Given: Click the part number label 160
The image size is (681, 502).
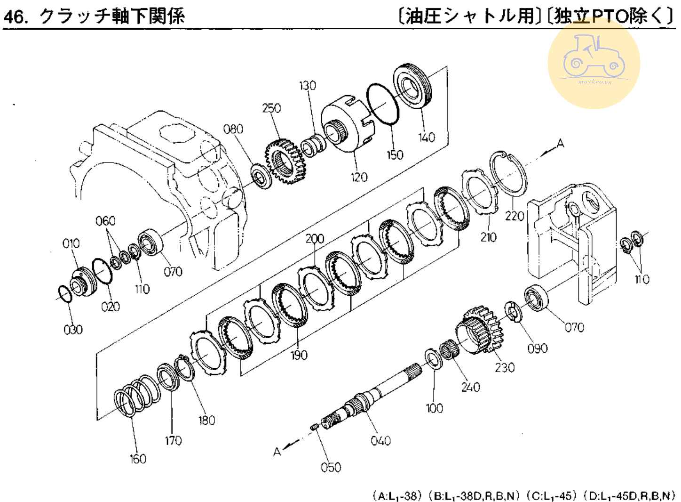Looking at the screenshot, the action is coord(138,459).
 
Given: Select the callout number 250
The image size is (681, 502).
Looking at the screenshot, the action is coord(271,108).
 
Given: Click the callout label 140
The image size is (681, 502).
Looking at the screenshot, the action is coord(427,138).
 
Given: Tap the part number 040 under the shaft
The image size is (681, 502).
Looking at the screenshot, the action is coord(380,440).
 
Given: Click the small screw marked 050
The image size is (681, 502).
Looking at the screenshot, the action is coord(314,427).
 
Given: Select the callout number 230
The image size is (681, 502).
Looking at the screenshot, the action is coord(505,367).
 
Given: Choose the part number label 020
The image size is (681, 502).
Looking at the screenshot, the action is coord(111,307).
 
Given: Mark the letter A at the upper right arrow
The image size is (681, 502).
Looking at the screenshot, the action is coord(560,143).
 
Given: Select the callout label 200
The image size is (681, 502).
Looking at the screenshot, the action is coord(315,239).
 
